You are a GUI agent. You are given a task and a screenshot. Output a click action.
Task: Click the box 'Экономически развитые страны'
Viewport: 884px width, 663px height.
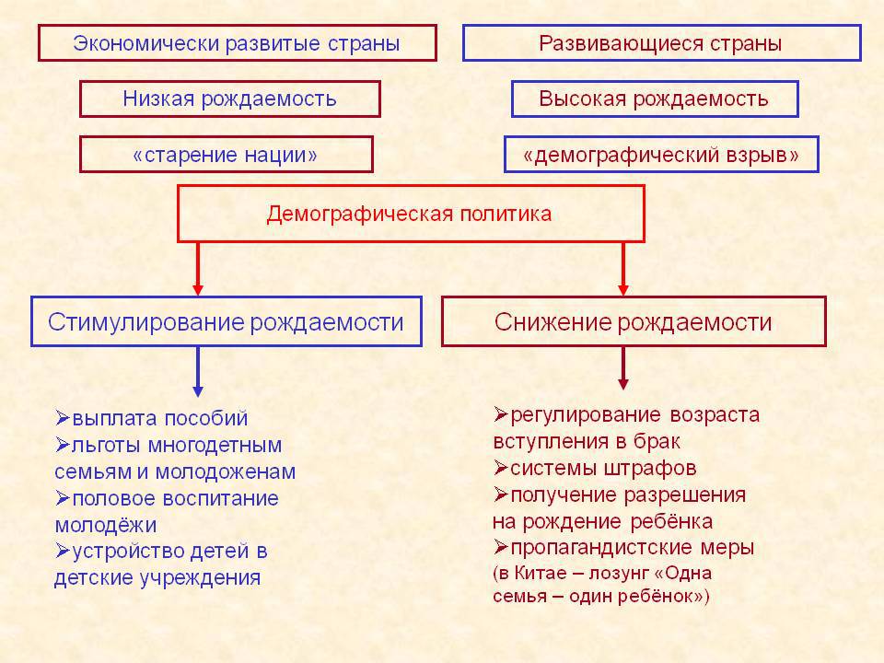(237, 43)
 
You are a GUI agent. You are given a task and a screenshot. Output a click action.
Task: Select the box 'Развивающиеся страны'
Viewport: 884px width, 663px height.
(660, 43)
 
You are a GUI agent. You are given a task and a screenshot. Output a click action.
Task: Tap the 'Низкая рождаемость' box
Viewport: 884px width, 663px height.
(229, 99)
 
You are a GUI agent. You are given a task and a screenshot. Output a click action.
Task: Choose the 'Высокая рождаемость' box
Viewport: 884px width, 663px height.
(654, 99)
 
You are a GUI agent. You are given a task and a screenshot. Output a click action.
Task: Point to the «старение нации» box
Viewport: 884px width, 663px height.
(226, 155)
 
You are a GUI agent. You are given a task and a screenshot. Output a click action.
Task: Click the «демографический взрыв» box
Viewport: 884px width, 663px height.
(660, 155)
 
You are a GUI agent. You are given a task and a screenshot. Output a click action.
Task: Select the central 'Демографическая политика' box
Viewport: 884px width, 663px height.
(410, 214)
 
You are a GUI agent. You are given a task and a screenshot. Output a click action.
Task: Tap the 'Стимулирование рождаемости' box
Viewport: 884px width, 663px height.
(226, 322)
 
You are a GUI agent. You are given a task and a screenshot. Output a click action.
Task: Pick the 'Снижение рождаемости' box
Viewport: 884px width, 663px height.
(633, 322)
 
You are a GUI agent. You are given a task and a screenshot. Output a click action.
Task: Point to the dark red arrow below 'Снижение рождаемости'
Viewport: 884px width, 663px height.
(623, 367)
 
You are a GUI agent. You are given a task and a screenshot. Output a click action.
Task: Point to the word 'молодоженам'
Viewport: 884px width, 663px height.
(238, 472)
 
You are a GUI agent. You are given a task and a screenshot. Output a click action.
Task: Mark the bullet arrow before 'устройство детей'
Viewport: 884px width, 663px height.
(62, 551)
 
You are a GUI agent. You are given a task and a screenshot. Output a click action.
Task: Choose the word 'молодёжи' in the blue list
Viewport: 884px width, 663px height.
(105, 526)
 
